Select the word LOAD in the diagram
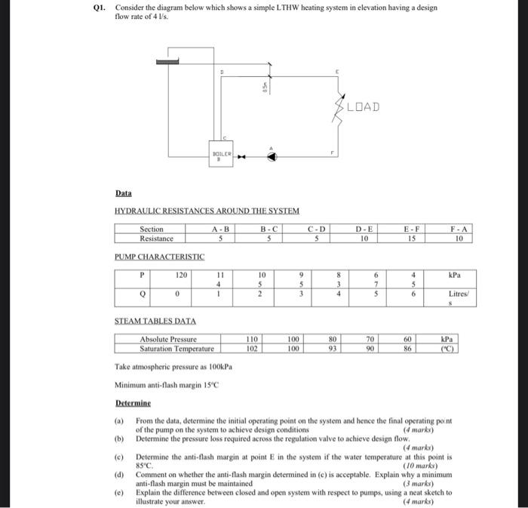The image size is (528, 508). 363,106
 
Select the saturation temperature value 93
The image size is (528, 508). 333,349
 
